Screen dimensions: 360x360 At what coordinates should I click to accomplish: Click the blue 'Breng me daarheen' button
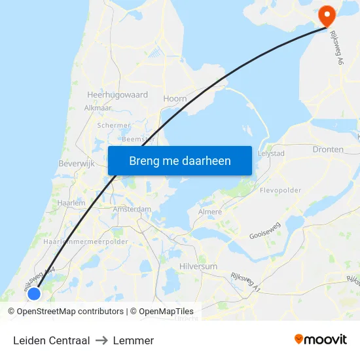(179, 160)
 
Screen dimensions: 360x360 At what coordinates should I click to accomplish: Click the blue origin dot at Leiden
(34, 294)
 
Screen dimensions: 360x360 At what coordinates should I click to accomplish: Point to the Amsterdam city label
(132, 209)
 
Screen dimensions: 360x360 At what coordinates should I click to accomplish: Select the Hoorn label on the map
(175, 99)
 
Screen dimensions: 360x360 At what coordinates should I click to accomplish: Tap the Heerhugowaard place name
(117, 95)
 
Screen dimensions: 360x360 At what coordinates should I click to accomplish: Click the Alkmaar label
(98, 108)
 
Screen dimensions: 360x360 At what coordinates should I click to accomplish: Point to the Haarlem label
(71, 204)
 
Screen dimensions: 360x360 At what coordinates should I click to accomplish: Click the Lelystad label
(271, 153)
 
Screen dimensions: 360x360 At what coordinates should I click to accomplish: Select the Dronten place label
(328, 149)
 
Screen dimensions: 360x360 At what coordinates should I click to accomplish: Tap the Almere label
(210, 212)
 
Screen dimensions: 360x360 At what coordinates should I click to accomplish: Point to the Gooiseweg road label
(266, 234)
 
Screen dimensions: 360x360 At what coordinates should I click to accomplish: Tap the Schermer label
(114, 125)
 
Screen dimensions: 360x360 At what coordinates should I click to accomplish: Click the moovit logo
(320, 340)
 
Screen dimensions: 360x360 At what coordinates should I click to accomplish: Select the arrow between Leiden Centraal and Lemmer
(101, 340)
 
